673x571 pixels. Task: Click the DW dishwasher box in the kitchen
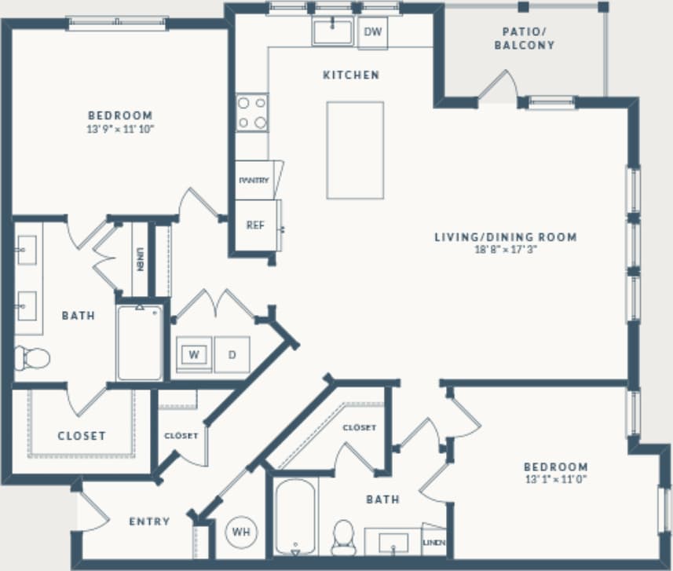coord(373,32)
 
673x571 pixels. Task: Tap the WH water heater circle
coord(241,532)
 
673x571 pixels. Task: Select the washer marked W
coord(193,354)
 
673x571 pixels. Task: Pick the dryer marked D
coord(232,354)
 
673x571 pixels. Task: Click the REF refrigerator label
coord(255,225)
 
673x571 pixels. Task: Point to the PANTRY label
coord(254,180)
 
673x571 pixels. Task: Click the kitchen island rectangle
coord(355,150)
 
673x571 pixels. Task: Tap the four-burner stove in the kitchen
coord(252,112)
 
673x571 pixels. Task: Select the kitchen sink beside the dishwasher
coord(333,32)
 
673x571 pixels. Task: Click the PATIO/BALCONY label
coord(524,38)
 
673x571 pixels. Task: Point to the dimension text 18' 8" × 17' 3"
coord(506,250)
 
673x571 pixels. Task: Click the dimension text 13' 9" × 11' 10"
coord(120,128)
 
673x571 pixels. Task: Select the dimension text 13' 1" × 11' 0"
coord(556,478)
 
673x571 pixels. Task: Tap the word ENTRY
coord(149,522)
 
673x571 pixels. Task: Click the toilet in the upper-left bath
coord(32,357)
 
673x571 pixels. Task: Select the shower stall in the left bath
coord(140,342)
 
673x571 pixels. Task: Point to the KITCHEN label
coord(351,75)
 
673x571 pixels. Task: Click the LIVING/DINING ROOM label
coord(506,236)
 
